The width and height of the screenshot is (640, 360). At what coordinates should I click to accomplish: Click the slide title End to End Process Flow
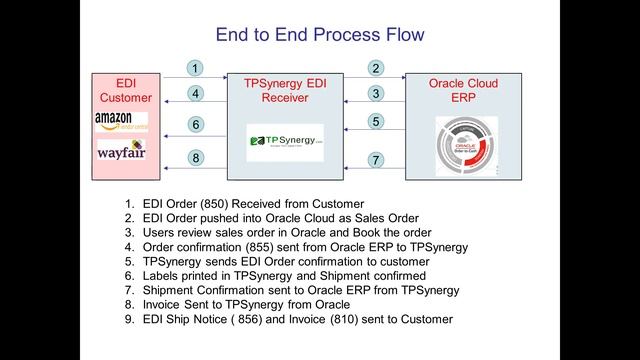(x=320, y=35)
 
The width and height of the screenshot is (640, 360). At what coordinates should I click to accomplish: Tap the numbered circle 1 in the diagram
(x=196, y=68)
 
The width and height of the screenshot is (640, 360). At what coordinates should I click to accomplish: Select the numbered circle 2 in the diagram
(x=376, y=68)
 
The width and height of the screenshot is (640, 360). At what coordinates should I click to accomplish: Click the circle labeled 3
(x=376, y=94)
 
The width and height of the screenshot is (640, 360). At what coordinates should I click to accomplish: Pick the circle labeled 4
(x=196, y=94)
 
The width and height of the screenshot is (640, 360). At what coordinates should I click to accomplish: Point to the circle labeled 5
(x=376, y=122)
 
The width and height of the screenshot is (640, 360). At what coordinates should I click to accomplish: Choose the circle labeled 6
(x=196, y=125)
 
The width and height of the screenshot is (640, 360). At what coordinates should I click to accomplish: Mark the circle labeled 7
(x=376, y=159)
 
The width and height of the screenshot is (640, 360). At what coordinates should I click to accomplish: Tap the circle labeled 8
(x=196, y=157)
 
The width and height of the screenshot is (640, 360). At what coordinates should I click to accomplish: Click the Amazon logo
(x=120, y=121)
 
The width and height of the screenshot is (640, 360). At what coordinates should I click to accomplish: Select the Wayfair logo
(x=120, y=153)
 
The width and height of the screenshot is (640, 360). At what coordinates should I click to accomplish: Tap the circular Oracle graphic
(x=466, y=144)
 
